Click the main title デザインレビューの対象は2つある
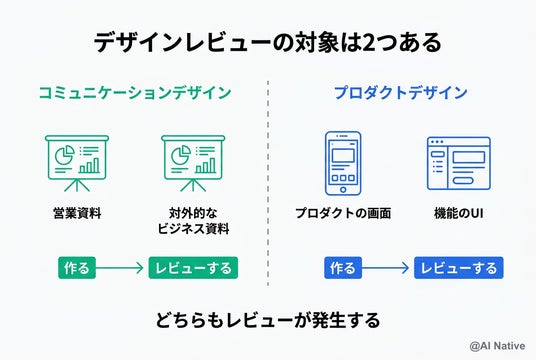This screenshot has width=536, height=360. [x=268, y=43]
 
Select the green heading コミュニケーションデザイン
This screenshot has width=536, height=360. [x=135, y=93]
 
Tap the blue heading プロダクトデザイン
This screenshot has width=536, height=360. [x=401, y=93]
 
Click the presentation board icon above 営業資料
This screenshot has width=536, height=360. [x=77, y=163]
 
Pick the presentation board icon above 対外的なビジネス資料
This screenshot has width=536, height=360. [x=193, y=163]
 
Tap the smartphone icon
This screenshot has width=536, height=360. [x=343, y=163]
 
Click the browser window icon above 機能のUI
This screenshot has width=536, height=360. [x=459, y=163]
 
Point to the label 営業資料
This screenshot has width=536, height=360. [x=77, y=213]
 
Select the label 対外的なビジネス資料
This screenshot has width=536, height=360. [x=193, y=221]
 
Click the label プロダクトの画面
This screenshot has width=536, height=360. [x=343, y=213]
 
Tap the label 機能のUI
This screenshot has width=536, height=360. [x=459, y=213]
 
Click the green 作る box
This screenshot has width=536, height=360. [x=77, y=268]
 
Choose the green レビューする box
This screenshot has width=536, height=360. [x=193, y=268]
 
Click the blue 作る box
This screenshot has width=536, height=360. [x=343, y=268]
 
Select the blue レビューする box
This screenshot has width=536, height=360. [x=459, y=268]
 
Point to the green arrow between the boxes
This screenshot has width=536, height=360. [x=120, y=268]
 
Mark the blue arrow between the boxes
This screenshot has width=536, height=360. [x=385, y=268]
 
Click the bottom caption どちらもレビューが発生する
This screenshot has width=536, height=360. [x=268, y=320]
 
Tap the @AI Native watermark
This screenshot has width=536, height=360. [x=497, y=346]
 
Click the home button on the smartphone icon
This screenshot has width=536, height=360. [x=343, y=190]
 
